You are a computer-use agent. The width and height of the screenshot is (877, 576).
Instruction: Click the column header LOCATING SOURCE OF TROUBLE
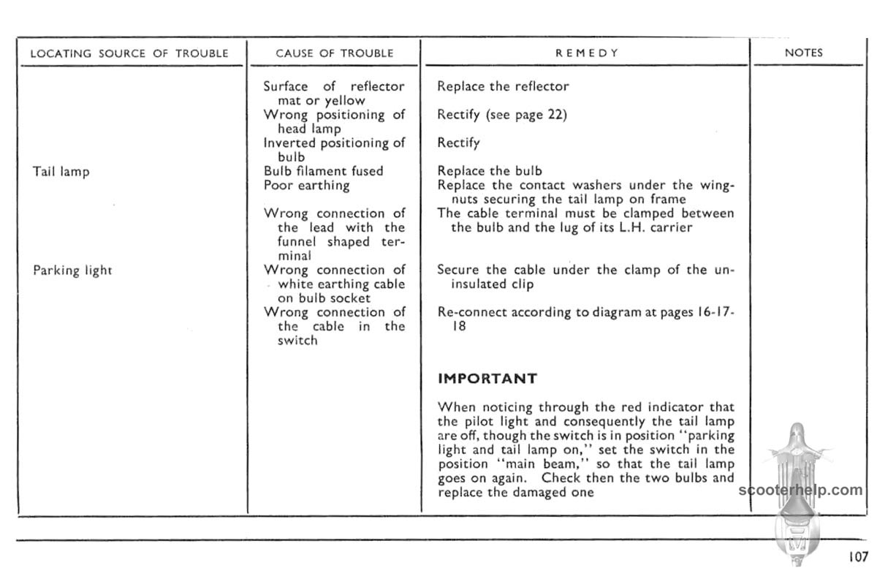click(130, 53)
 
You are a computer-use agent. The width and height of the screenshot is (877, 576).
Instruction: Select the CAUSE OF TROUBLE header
click(335, 53)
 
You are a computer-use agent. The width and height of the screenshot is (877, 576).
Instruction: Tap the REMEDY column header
click(587, 53)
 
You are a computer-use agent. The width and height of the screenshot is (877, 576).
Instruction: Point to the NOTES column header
click(803, 53)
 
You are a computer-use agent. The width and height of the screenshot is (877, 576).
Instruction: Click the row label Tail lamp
click(61, 173)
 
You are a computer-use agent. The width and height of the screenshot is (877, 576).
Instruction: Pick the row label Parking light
click(72, 270)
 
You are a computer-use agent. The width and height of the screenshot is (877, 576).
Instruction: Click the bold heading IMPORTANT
click(487, 379)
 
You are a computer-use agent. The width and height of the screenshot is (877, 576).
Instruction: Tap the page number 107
click(858, 557)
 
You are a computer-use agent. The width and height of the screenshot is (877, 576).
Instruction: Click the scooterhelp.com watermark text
click(801, 490)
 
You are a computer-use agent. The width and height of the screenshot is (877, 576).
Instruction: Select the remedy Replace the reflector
click(503, 86)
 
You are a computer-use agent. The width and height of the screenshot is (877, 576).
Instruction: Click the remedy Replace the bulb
click(490, 171)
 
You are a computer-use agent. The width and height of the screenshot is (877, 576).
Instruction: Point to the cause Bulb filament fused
click(323, 171)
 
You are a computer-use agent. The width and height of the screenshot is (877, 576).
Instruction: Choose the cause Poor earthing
click(306, 185)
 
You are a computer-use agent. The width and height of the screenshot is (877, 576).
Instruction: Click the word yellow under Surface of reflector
click(344, 101)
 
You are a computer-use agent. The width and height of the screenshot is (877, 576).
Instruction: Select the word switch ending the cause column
click(297, 341)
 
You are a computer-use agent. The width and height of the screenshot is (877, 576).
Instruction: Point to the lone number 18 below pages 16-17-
click(458, 327)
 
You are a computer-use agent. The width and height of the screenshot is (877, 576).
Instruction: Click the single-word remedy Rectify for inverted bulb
click(458, 143)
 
